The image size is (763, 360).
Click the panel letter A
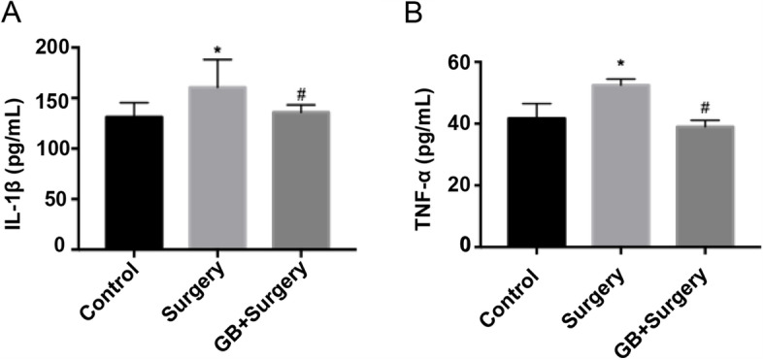tap(11, 13)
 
